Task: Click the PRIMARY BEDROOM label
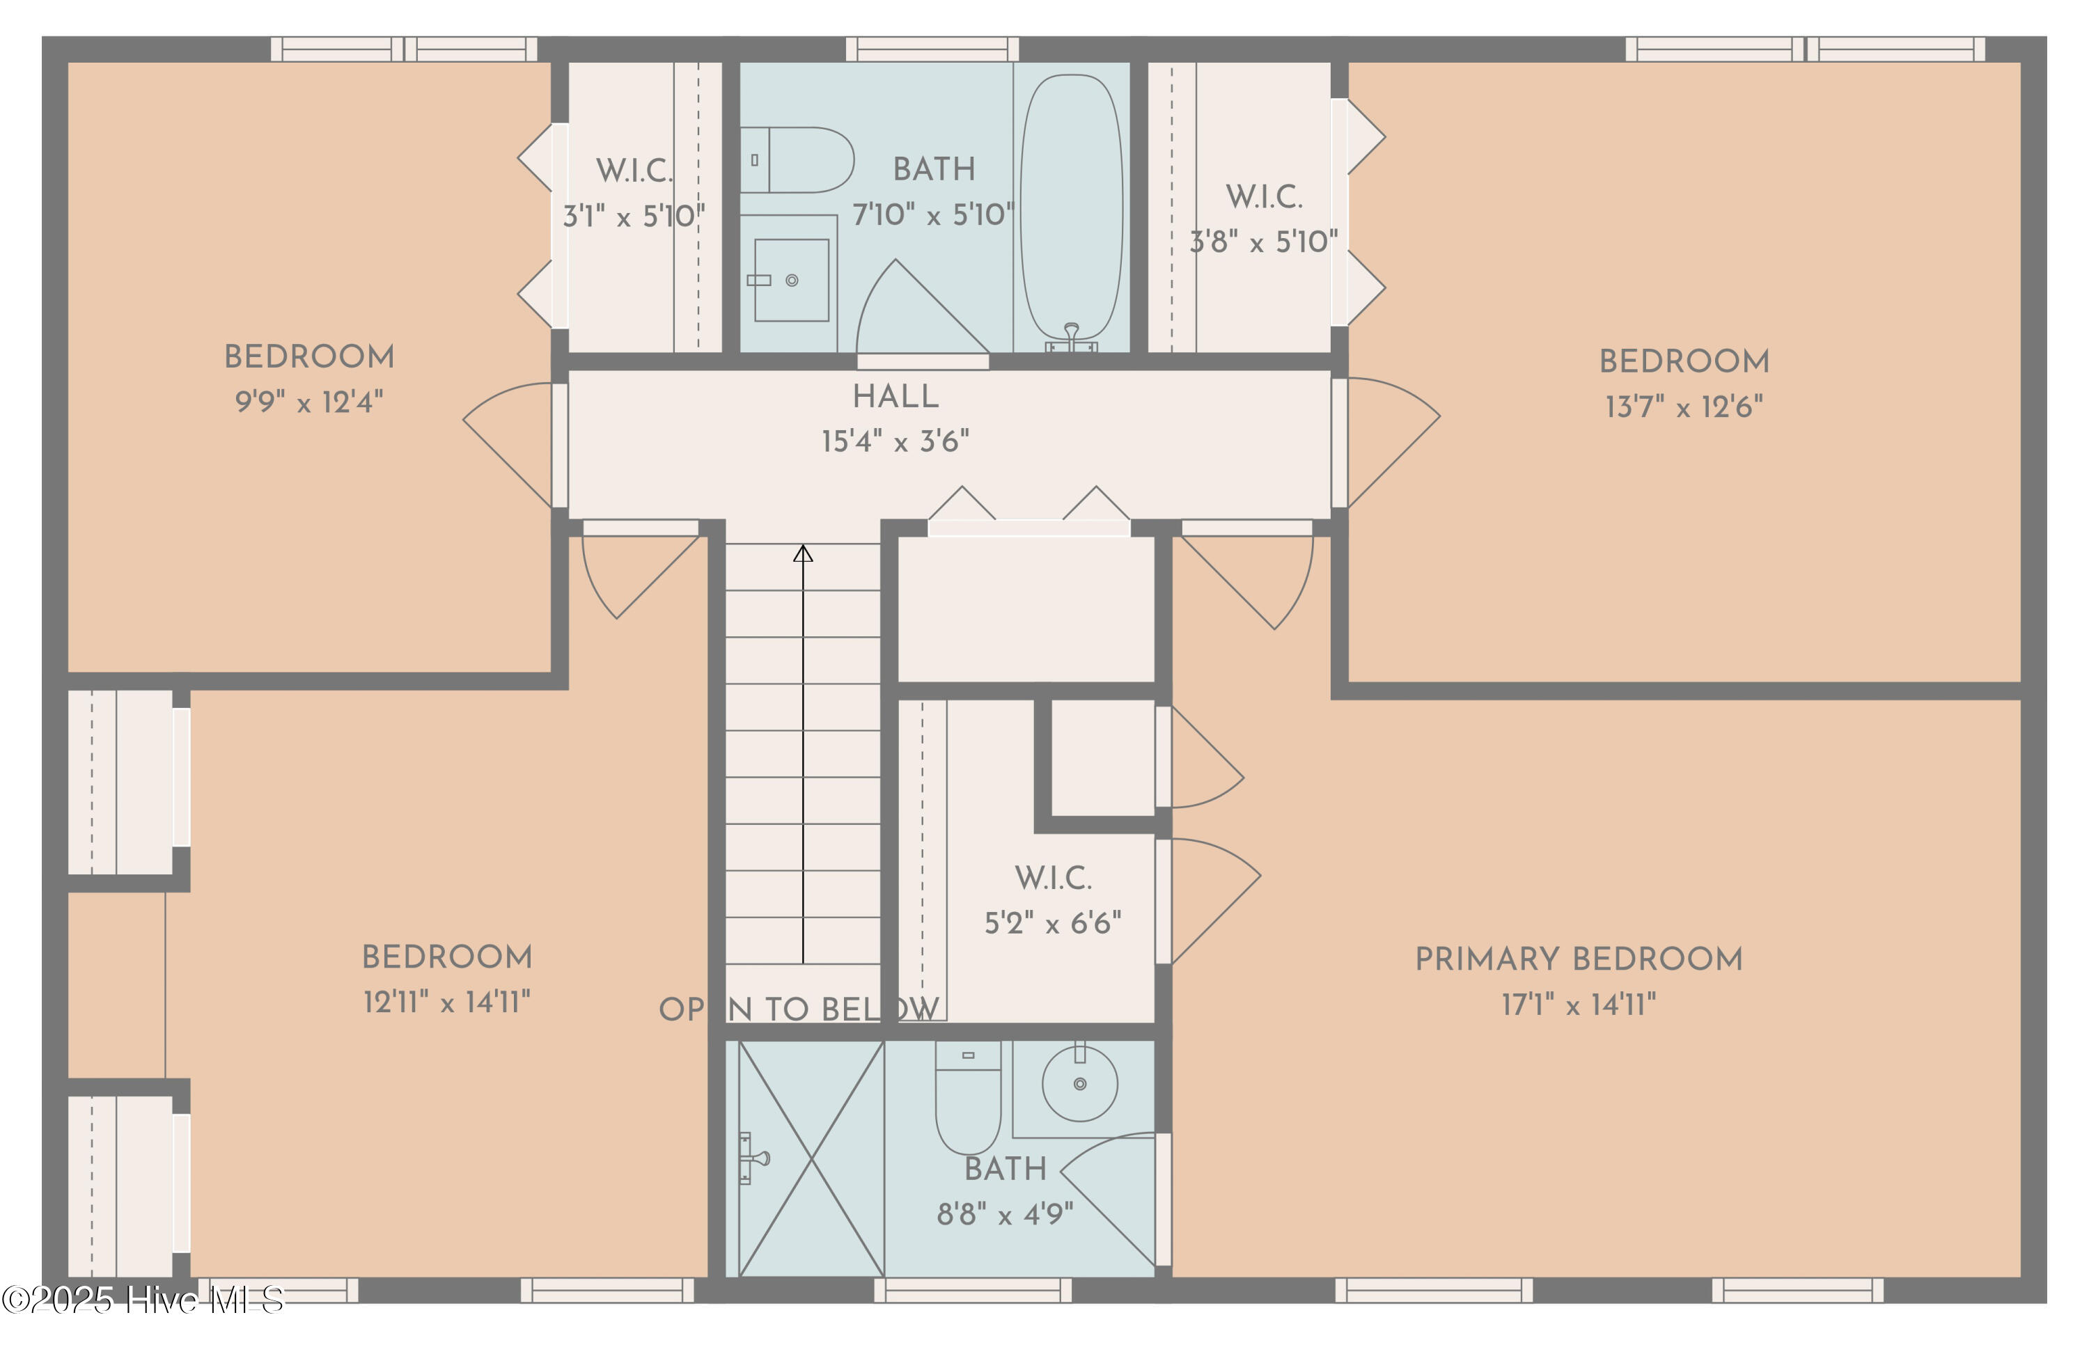[1578, 959]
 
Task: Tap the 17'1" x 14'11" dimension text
[1578, 1005]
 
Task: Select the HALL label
[895, 397]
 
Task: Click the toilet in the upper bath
[796, 159]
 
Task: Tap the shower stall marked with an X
[811, 1158]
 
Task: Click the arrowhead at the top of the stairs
[803, 553]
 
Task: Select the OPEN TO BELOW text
[799, 1010]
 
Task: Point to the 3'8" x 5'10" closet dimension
[1264, 242]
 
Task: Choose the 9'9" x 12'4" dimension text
[309, 402]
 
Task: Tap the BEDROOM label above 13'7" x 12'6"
[1684, 361]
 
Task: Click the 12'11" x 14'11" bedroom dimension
[447, 1002]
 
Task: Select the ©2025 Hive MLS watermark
[142, 1300]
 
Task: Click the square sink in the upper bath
[792, 280]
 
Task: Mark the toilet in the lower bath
[968, 1097]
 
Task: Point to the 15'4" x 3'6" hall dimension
[895, 441]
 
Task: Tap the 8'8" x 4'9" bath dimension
[1005, 1215]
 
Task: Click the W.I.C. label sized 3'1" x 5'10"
[634, 171]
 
